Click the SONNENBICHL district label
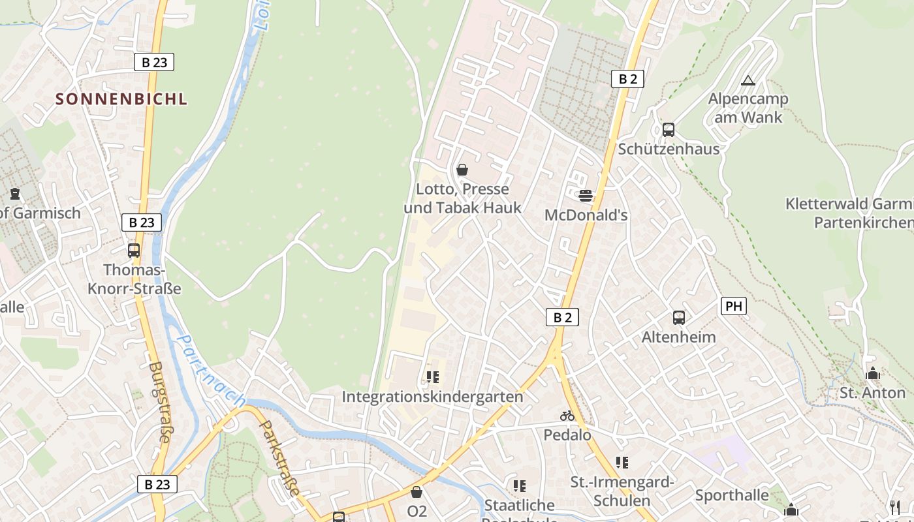tap(121, 99)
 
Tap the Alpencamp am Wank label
tap(748, 108)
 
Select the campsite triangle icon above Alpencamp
tap(748, 80)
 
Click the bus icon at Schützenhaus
tap(668, 129)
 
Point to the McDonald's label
tap(586, 215)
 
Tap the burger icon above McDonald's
tap(586, 195)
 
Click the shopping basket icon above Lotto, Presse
tap(462, 170)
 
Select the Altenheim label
tap(678, 337)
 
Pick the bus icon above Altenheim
tap(679, 318)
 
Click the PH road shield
tap(734, 306)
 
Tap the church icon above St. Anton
tap(872, 374)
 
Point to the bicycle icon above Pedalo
tap(567, 416)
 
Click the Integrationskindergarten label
tap(432, 397)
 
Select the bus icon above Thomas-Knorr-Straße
tap(134, 250)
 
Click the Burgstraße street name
tap(159, 402)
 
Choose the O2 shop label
tap(417, 511)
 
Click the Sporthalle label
tap(732, 495)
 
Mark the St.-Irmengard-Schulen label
tap(622, 491)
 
